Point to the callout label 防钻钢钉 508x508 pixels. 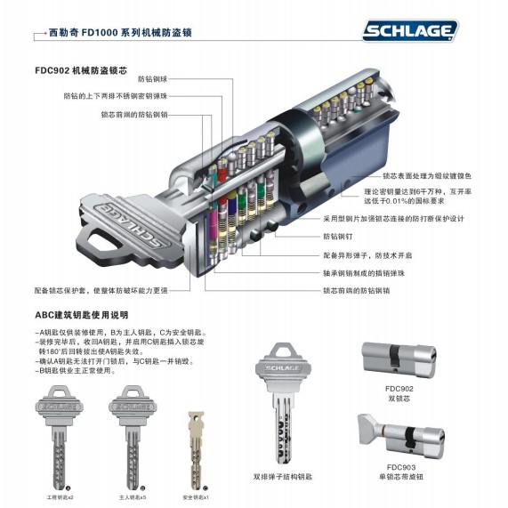[x=338, y=238]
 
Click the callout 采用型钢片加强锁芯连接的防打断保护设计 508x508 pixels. [x=406, y=217]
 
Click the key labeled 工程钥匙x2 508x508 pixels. [x=70, y=436]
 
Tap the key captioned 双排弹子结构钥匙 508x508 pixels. [x=282, y=409]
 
